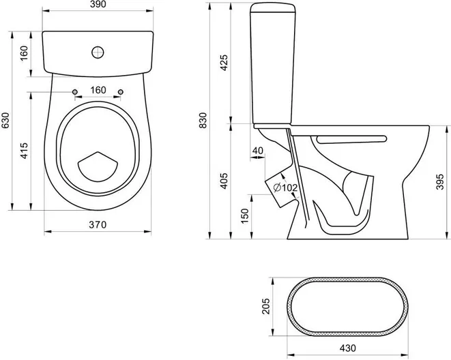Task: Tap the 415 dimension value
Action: click(x=23, y=150)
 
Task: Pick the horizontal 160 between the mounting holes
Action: click(x=98, y=90)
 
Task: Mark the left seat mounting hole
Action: click(x=74, y=91)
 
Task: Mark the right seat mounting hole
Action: click(x=121, y=91)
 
